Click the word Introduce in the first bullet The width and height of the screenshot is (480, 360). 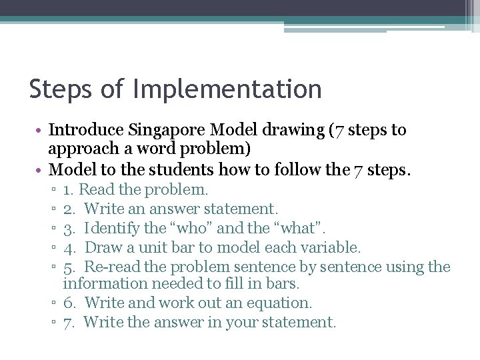[x=86, y=129]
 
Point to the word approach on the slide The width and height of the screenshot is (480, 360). [x=82, y=149]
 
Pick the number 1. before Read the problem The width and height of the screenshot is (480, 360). [x=69, y=190]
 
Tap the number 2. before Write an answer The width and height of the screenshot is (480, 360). [x=69, y=209]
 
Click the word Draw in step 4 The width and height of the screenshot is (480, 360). [x=103, y=248]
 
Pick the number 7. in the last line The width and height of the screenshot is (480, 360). [x=69, y=323]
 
